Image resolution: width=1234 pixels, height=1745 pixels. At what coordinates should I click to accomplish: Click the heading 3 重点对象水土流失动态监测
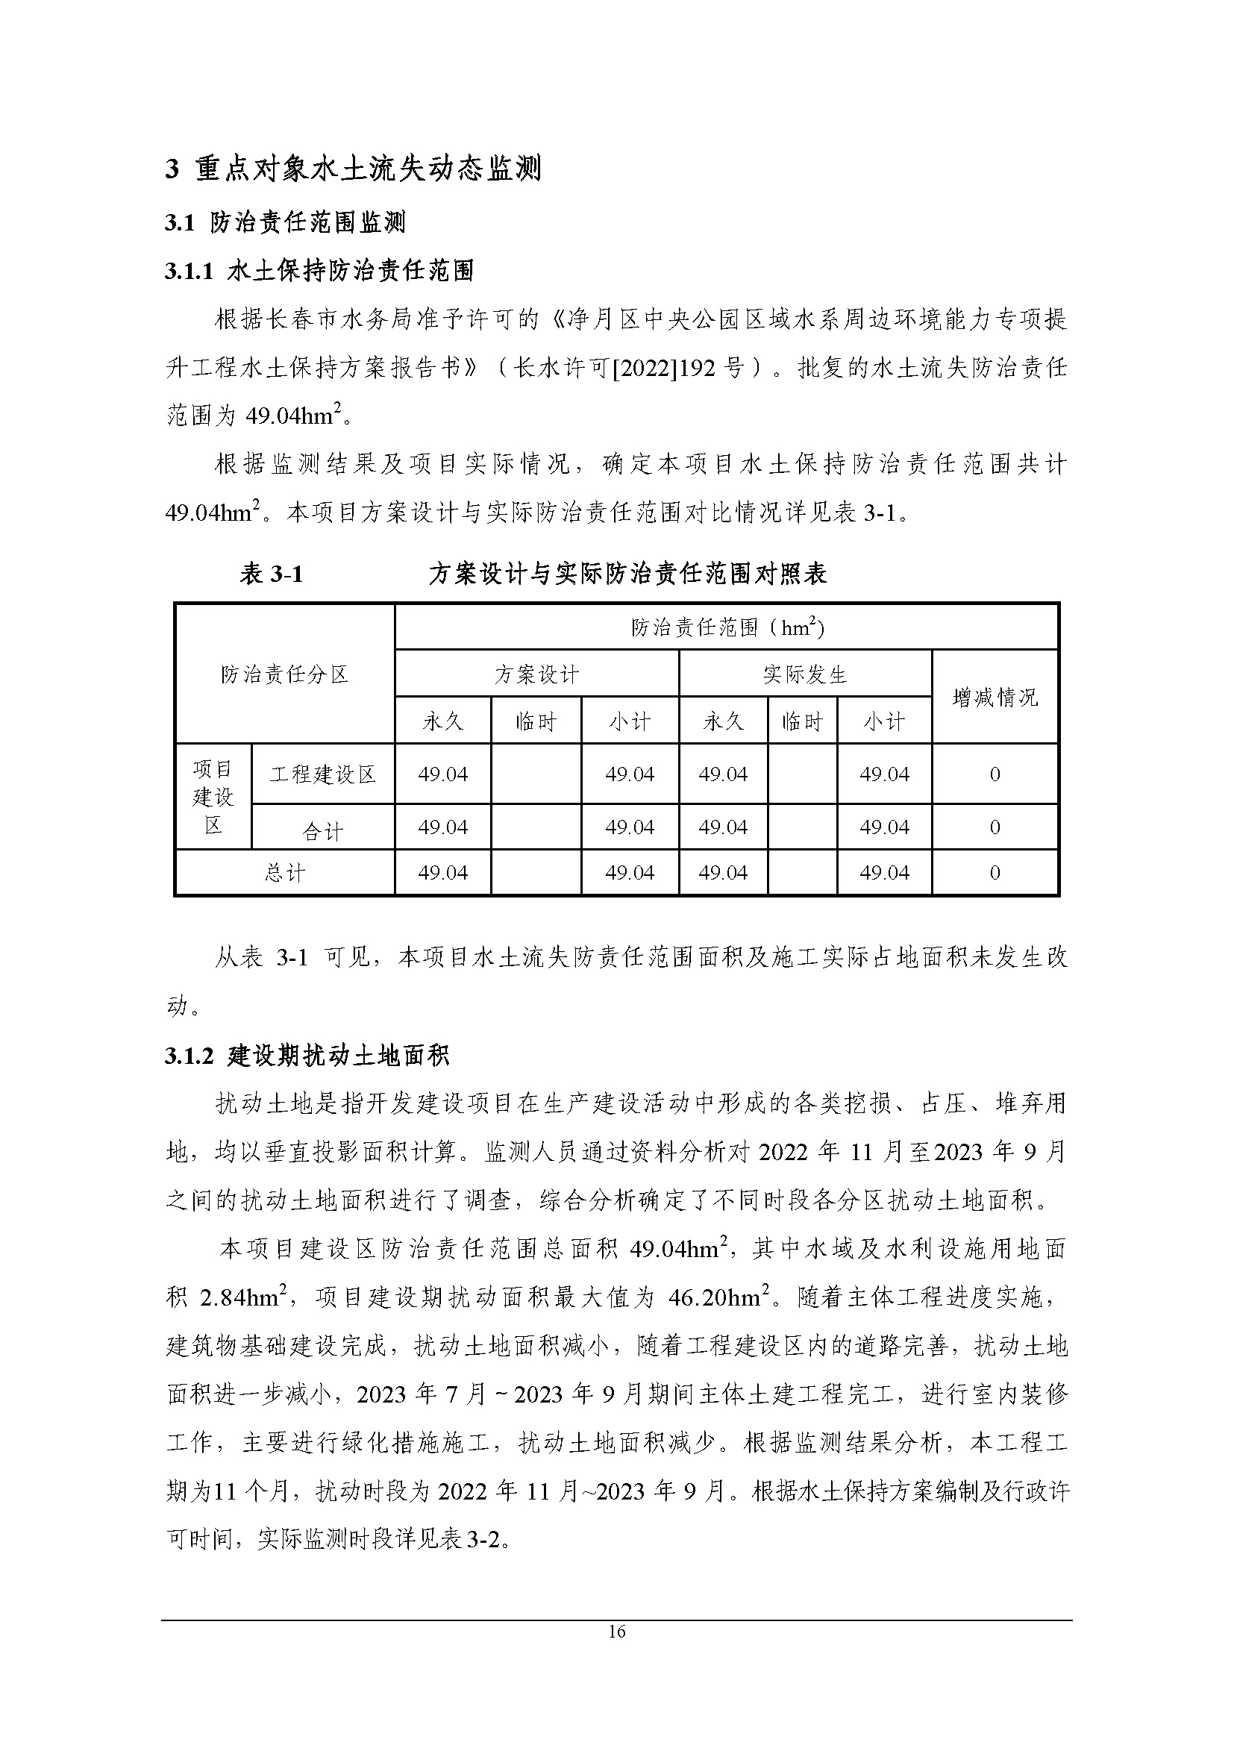[354, 169]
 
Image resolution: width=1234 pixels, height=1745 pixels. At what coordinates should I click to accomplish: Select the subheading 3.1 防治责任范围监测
[285, 222]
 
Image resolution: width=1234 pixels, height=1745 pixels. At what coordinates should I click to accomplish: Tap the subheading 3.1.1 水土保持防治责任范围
[319, 271]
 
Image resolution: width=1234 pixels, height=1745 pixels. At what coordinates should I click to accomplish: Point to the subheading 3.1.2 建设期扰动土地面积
[307, 1055]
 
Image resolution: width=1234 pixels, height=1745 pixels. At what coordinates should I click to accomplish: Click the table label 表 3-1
[272, 574]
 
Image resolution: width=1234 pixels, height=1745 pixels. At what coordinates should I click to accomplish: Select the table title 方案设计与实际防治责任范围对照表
[627, 574]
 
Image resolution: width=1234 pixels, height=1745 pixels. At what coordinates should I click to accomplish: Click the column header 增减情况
[995, 697]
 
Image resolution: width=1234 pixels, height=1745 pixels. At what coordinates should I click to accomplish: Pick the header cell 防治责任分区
[284, 674]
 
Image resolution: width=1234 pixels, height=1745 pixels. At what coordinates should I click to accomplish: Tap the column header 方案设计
[536, 674]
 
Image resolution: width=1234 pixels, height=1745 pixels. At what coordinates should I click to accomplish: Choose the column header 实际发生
[805, 674]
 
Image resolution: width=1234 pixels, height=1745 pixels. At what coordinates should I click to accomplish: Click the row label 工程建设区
[323, 774]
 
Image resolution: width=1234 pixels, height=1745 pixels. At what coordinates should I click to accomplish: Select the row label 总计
[284, 873]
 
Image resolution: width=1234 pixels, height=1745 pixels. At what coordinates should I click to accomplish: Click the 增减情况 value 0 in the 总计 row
[995, 873]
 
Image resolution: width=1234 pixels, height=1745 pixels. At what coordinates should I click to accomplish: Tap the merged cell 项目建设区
[213, 797]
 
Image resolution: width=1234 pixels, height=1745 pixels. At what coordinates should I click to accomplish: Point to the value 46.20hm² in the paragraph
[718, 1297]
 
